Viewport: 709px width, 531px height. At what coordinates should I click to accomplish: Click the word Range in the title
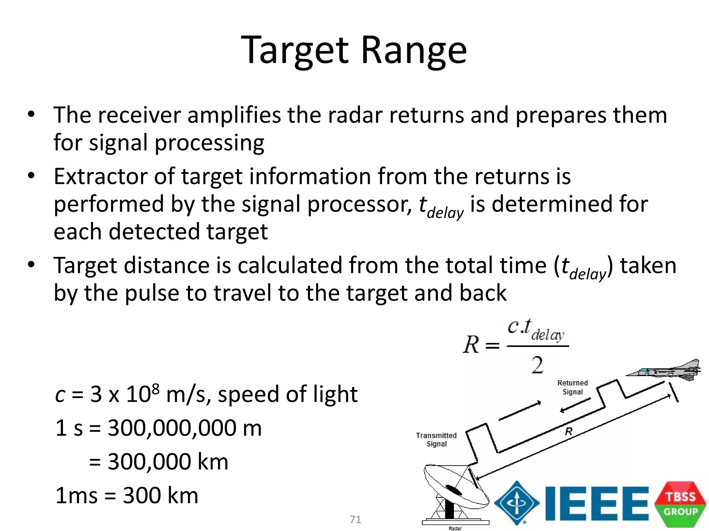click(414, 51)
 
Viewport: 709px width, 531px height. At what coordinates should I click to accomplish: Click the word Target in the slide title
click(295, 51)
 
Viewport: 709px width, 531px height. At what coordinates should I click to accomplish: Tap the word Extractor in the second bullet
click(100, 177)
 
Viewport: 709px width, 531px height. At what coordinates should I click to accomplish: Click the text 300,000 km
click(168, 462)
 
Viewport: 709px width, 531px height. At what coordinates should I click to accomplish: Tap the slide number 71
click(355, 520)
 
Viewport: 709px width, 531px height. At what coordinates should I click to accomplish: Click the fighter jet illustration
click(665, 371)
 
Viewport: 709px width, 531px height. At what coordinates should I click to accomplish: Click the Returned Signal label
click(573, 387)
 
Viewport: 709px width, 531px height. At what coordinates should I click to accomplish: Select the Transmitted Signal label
click(436, 439)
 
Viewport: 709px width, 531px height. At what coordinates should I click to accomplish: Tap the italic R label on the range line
click(568, 431)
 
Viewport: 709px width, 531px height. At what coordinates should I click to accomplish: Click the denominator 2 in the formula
click(537, 365)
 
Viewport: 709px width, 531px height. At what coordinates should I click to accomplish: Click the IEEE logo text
click(596, 503)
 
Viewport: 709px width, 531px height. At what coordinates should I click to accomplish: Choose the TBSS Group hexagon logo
click(680, 504)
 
